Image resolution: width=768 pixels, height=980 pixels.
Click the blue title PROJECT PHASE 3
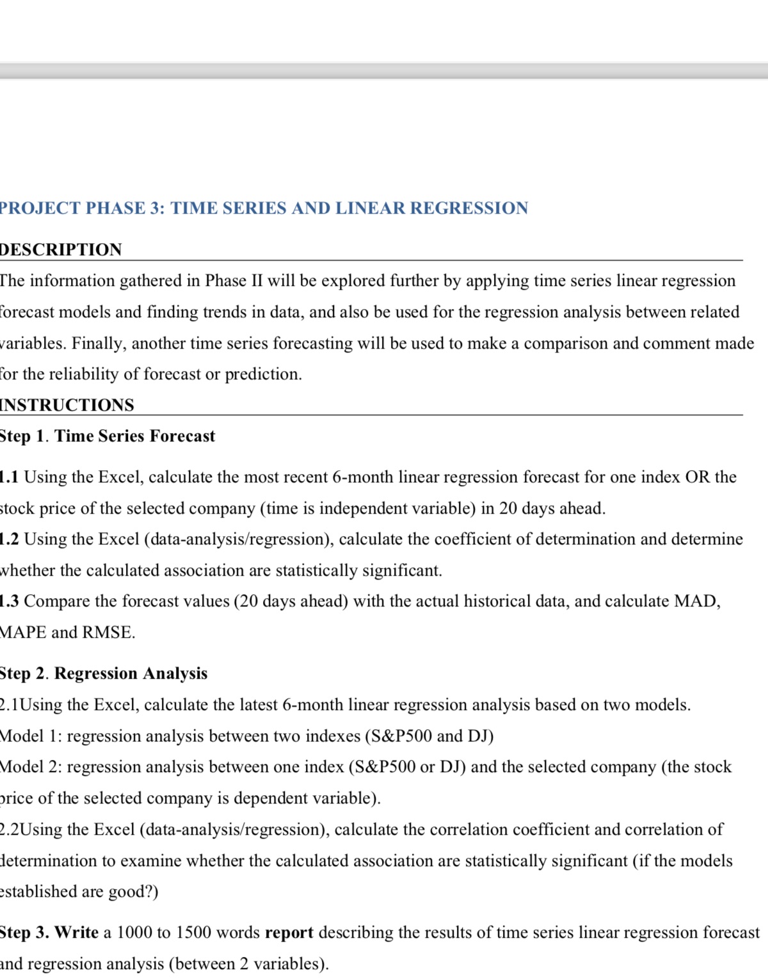click(263, 209)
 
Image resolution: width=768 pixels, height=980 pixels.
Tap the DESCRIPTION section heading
click(61, 249)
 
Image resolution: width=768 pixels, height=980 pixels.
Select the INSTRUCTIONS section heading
click(67, 405)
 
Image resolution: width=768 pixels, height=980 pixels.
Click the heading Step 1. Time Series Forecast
click(107, 436)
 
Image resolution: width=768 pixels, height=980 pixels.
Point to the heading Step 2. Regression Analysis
click(103, 674)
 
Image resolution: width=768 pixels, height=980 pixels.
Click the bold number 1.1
click(9, 477)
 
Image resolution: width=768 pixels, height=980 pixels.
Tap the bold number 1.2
click(9, 539)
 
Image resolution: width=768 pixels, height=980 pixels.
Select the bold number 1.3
click(9, 601)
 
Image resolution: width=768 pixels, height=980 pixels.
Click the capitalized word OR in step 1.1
click(697, 477)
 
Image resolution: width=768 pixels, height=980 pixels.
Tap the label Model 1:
click(30, 736)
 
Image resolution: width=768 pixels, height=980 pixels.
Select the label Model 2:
click(30, 767)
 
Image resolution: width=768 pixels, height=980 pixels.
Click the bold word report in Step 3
click(289, 933)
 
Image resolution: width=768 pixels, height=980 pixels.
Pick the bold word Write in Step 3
click(76, 933)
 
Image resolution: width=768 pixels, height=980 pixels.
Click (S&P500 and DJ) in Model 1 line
click(429, 736)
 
